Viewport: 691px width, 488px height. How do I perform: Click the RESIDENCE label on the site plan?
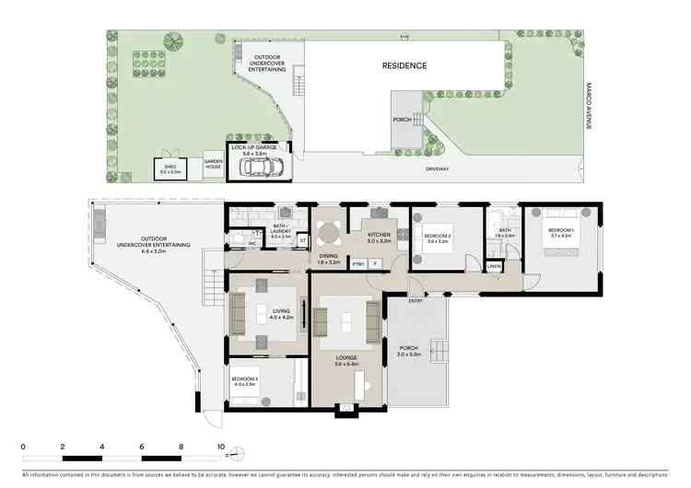point(405,66)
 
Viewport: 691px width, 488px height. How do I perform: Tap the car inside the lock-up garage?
point(261,167)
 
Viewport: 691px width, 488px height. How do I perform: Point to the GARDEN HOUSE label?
point(214,165)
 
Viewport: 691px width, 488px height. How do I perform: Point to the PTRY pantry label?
point(357,264)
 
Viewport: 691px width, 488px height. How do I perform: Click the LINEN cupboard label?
point(494,266)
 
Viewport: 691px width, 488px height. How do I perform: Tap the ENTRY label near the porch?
point(416,300)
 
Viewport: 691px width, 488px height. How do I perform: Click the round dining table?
point(328,229)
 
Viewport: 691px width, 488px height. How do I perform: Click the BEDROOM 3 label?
point(245,380)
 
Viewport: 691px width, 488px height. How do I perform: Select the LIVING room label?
point(281,314)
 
